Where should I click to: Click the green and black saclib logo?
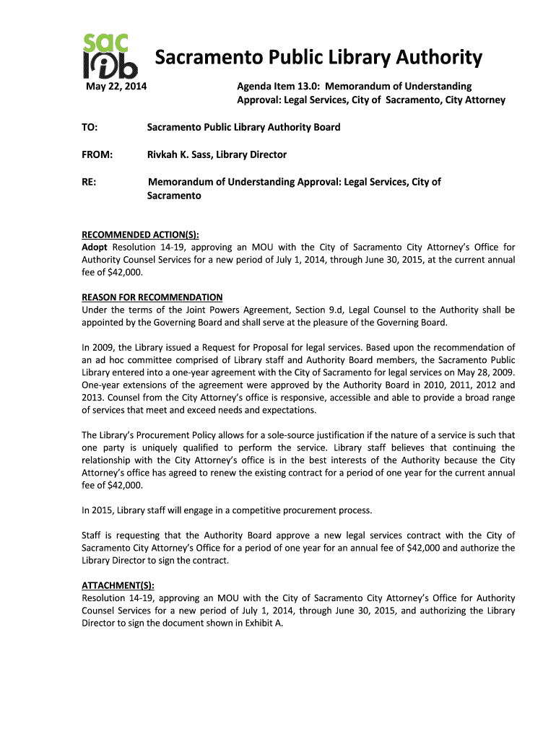108,56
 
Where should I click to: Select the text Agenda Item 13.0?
279,87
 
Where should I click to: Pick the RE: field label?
90,182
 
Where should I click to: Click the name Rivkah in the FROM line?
165,154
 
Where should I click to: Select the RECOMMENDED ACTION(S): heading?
140,235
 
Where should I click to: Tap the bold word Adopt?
95,247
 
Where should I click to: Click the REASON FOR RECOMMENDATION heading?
152,297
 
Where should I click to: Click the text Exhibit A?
263,624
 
